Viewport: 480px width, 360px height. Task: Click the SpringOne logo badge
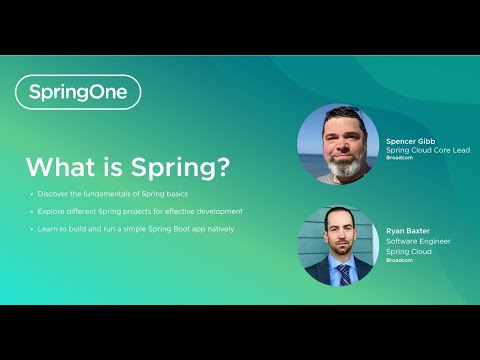[78, 92]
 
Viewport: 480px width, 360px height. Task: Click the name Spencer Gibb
[411, 142]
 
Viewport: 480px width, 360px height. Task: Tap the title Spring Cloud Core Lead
[428, 151]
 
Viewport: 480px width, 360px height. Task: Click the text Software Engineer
[419, 241]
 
